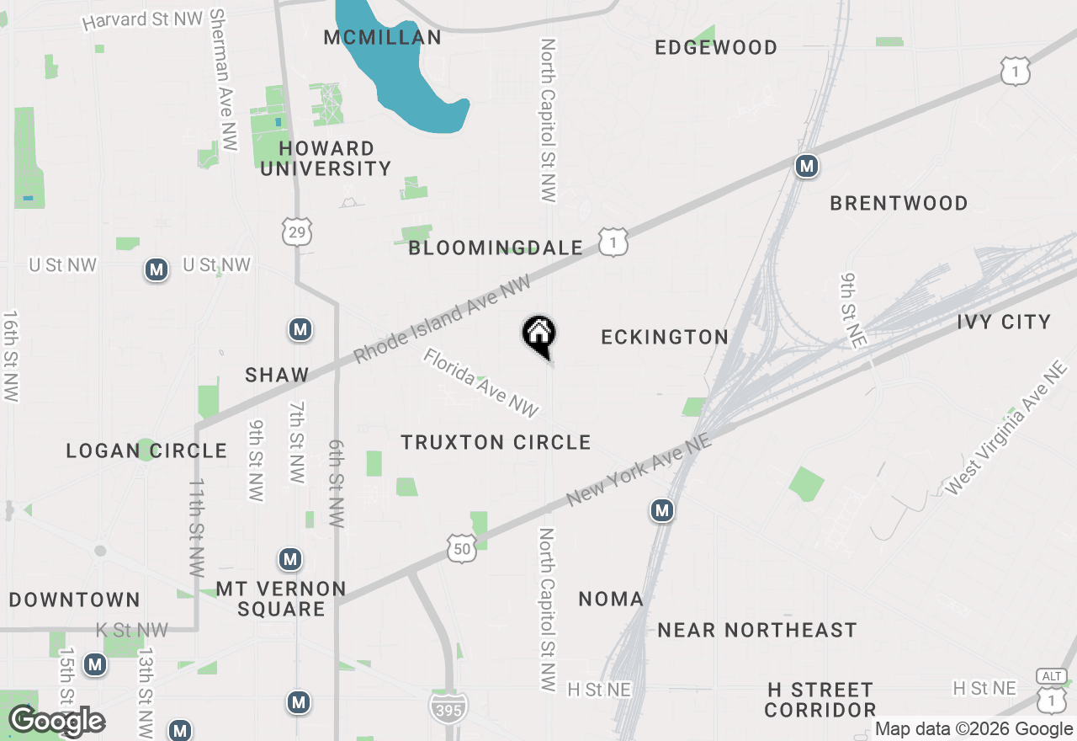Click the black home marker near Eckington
tap(538, 334)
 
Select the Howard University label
tap(326, 158)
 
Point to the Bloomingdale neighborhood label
tap(496, 248)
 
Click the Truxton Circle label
tap(496, 442)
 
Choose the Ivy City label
tap(1004, 322)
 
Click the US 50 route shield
tap(462, 548)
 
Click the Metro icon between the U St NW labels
tap(156, 269)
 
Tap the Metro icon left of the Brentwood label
tap(807, 166)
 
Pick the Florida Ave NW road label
tap(480, 383)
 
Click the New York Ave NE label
tap(640, 471)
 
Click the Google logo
tap(56, 721)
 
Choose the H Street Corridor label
tap(820, 700)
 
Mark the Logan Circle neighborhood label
tap(146, 450)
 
